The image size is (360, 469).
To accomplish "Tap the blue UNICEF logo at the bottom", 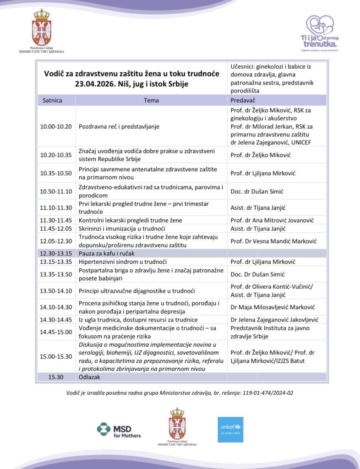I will click(230, 429).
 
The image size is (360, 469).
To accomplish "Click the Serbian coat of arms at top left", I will click(41, 28).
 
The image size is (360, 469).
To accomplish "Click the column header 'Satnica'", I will click(52, 100).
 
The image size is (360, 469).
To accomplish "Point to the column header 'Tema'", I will click(151, 100).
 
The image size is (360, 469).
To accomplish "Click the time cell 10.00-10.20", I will click(56, 126).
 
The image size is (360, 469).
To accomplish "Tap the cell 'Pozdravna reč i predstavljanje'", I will click(119, 126).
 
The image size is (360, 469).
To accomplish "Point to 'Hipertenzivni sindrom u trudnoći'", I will click(123, 262).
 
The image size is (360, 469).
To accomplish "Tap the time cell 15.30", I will click(52, 377).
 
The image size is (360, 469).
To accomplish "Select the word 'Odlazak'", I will click(90, 377).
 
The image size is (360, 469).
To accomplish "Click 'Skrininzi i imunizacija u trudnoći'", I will click(122, 229).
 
